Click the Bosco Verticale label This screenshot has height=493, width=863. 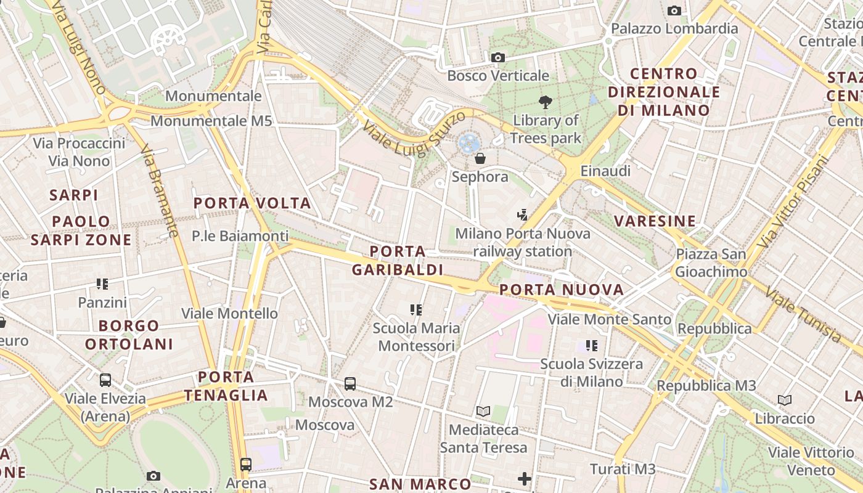(498, 76)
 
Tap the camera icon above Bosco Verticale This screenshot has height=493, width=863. (498, 58)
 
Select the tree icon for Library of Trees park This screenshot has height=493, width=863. (545, 102)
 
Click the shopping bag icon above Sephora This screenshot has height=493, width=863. (480, 159)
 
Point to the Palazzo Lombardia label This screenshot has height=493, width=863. (674, 28)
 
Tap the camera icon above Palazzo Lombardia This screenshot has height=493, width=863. (674, 10)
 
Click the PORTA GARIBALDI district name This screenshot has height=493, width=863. (398, 261)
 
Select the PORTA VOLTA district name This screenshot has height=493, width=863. (252, 203)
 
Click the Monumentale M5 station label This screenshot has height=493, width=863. (211, 121)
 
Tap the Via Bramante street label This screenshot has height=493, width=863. (160, 191)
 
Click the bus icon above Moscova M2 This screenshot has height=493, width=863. (350, 384)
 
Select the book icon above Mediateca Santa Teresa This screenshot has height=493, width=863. (483, 411)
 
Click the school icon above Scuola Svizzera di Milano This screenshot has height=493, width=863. (592, 346)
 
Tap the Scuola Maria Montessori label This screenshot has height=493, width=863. (417, 336)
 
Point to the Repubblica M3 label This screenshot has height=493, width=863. (706, 386)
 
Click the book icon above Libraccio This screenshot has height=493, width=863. (785, 401)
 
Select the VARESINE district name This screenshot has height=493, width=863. (655, 221)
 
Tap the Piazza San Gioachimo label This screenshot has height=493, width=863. (711, 263)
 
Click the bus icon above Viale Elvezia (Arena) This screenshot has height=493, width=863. (105, 380)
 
